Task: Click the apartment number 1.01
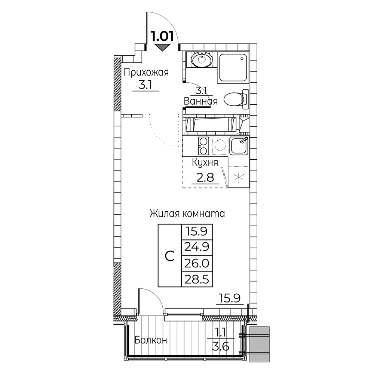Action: point(162,37)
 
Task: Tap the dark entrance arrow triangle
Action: point(162,47)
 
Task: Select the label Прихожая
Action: point(146,73)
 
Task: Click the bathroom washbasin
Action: point(202,59)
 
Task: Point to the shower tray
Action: point(233,67)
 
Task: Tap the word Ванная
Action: point(200,101)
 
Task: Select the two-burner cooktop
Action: point(203,146)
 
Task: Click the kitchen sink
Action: point(239,146)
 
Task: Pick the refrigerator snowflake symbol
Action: point(239,177)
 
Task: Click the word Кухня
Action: point(205,163)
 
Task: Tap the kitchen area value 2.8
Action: point(205,177)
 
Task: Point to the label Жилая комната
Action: point(187,214)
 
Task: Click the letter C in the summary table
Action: point(169,256)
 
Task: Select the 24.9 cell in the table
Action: point(197,247)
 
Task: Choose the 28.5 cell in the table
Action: point(197,279)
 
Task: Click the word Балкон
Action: point(151,340)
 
